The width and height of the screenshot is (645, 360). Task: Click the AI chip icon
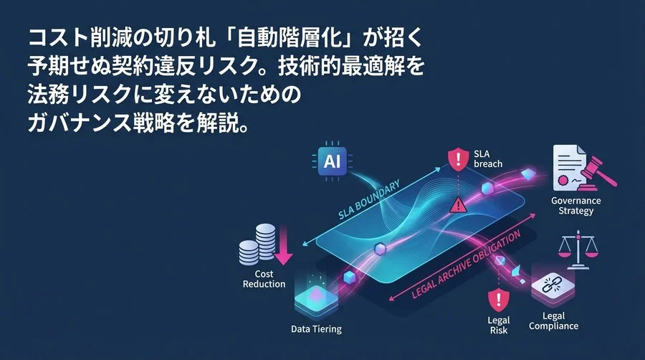(x=332, y=161)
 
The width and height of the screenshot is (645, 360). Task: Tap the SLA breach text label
(x=488, y=158)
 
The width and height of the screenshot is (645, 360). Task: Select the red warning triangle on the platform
(x=458, y=204)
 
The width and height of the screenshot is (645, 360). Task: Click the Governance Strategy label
(x=575, y=206)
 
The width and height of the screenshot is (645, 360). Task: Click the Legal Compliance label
(x=553, y=321)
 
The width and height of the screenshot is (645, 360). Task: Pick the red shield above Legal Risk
(x=499, y=300)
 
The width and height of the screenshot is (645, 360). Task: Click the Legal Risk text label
(x=499, y=325)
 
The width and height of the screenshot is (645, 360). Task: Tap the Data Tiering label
(x=316, y=329)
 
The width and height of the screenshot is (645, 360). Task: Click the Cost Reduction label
(x=264, y=279)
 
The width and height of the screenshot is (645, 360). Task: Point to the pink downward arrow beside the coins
(x=283, y=245)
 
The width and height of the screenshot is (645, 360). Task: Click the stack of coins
(x=257, y=244)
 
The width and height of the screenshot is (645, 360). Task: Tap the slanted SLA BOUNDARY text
(x=368, y=200)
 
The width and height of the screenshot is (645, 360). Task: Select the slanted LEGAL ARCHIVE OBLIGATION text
(x=466, y=264)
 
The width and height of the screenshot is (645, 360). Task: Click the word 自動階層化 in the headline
(x=290, y=38)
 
